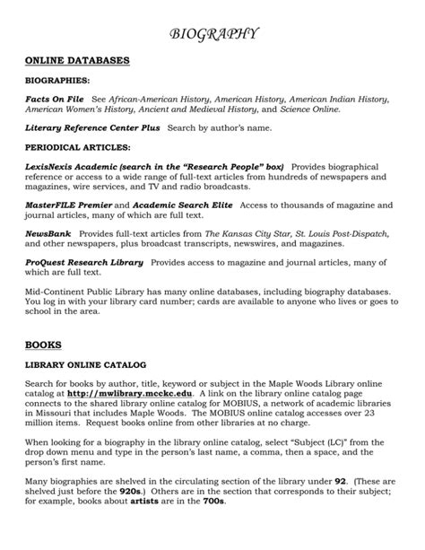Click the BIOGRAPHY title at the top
tap(213, 34)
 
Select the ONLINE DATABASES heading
tap(77, 60)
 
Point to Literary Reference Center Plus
tap(92, 127)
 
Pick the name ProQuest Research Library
tap(84, 263)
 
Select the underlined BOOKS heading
tap(39, 343)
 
